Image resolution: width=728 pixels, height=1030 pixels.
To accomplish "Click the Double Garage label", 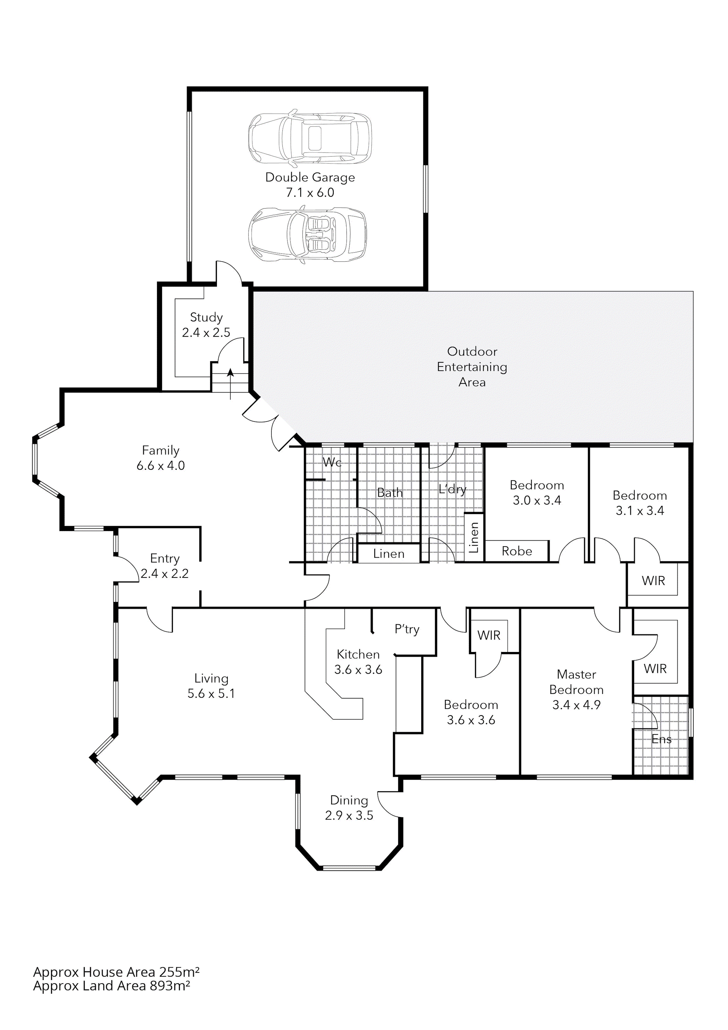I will point(310,178).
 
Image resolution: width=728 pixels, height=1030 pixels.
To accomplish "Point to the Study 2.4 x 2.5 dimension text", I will point(206,333).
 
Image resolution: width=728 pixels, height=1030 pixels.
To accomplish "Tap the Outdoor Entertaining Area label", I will point(472,367).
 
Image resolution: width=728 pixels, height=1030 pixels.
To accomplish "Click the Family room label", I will point(161,450).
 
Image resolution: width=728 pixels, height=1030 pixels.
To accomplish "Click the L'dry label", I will point(452,489).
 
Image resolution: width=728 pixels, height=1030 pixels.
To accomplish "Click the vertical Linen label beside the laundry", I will point(474,538).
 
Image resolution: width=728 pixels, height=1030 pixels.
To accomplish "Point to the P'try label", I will point(407,629).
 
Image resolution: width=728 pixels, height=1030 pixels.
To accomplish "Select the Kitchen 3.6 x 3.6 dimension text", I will point(358,670).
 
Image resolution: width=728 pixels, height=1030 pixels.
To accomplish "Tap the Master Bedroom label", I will point(577,682).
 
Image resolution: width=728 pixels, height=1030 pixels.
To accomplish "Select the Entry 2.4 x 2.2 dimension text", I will point(165,573).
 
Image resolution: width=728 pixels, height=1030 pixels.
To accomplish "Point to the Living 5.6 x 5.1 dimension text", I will point(211,694).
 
